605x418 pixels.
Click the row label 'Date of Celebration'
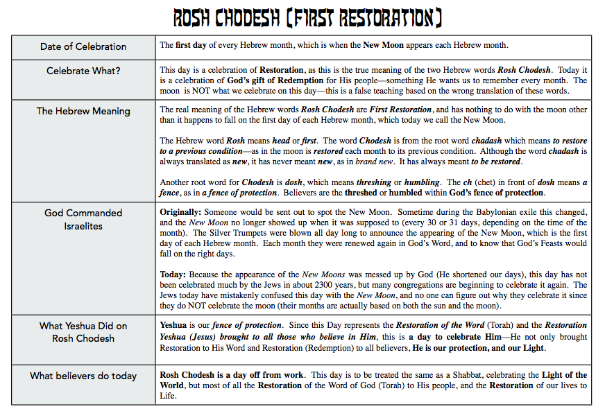click(83, 46)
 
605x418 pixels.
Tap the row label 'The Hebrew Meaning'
click(83, 111)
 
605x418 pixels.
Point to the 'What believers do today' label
click(83, 376)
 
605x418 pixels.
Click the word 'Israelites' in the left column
click(83, 226)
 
